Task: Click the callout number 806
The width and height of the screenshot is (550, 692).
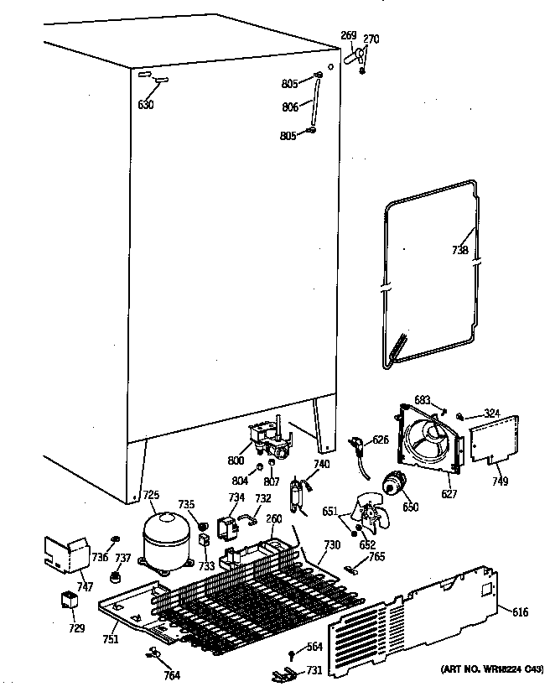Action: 290,107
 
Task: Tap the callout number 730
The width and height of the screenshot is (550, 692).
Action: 332,546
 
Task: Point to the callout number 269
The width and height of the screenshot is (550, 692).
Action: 349,35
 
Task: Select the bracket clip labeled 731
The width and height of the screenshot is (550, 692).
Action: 283,674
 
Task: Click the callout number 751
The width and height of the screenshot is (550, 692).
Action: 111,639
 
